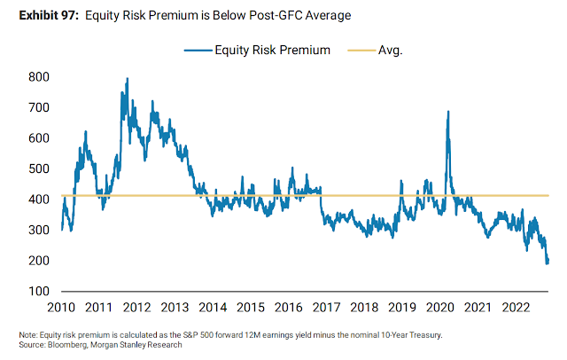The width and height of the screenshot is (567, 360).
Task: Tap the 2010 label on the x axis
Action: (x=61, y=307)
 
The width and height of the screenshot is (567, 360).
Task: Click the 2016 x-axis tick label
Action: (x=289, y=307)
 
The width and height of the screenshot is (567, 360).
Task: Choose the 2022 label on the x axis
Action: (x=517, y=307)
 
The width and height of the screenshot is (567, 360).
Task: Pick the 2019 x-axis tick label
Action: (x=403, y=307)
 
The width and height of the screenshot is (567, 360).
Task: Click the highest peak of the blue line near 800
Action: (x=127, y=79)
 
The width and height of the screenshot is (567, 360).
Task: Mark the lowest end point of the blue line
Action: (x=548, y=263)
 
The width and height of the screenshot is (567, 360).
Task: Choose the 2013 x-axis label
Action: (x=175, y=307)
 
